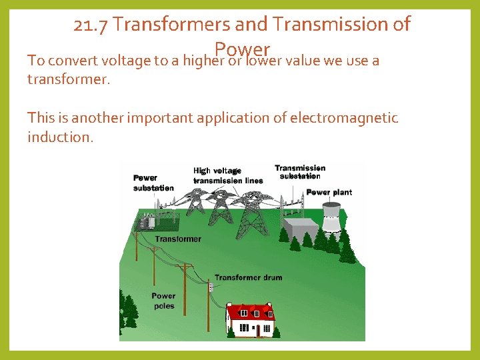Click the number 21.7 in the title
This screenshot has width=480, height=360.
(91, 25)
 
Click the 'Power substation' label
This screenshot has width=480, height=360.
(153, 183)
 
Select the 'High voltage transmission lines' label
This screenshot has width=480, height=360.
(227, 175)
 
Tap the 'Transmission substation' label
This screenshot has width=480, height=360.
(300, 172)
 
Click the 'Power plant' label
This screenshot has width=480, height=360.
(329, 193)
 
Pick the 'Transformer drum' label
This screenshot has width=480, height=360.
(248, 277)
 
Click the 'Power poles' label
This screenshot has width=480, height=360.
(163, 301)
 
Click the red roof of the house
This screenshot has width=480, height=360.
(251, 312)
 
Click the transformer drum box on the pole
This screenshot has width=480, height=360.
(210, 287)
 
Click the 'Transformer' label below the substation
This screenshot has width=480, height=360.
(178, 239)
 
